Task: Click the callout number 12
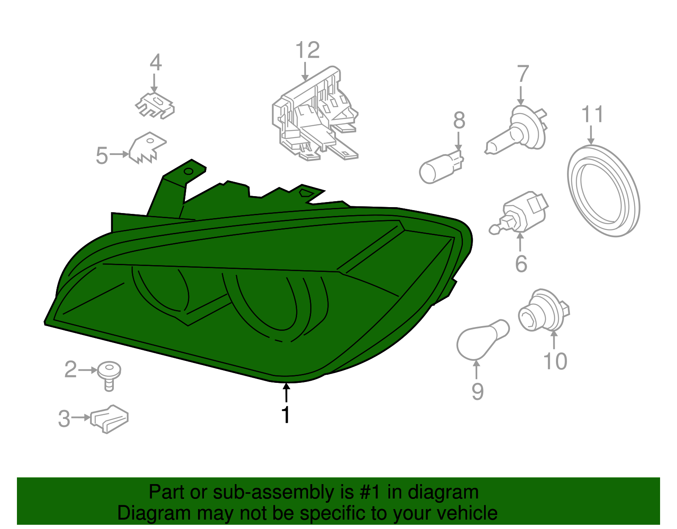pyautogui.click(x=308, y=51)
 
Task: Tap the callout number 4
pyautogui.click(x=155, y=63)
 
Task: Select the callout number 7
pyautogui.click(x=523, y=74)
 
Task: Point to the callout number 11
pyautogui.click(x=592, y=114)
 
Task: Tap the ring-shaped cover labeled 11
pyautogui.click(x=603, y=191)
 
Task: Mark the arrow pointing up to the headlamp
pyautogui.click(x=286, y=392)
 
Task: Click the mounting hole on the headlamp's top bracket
pyautogui.click(x=189, y=172)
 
